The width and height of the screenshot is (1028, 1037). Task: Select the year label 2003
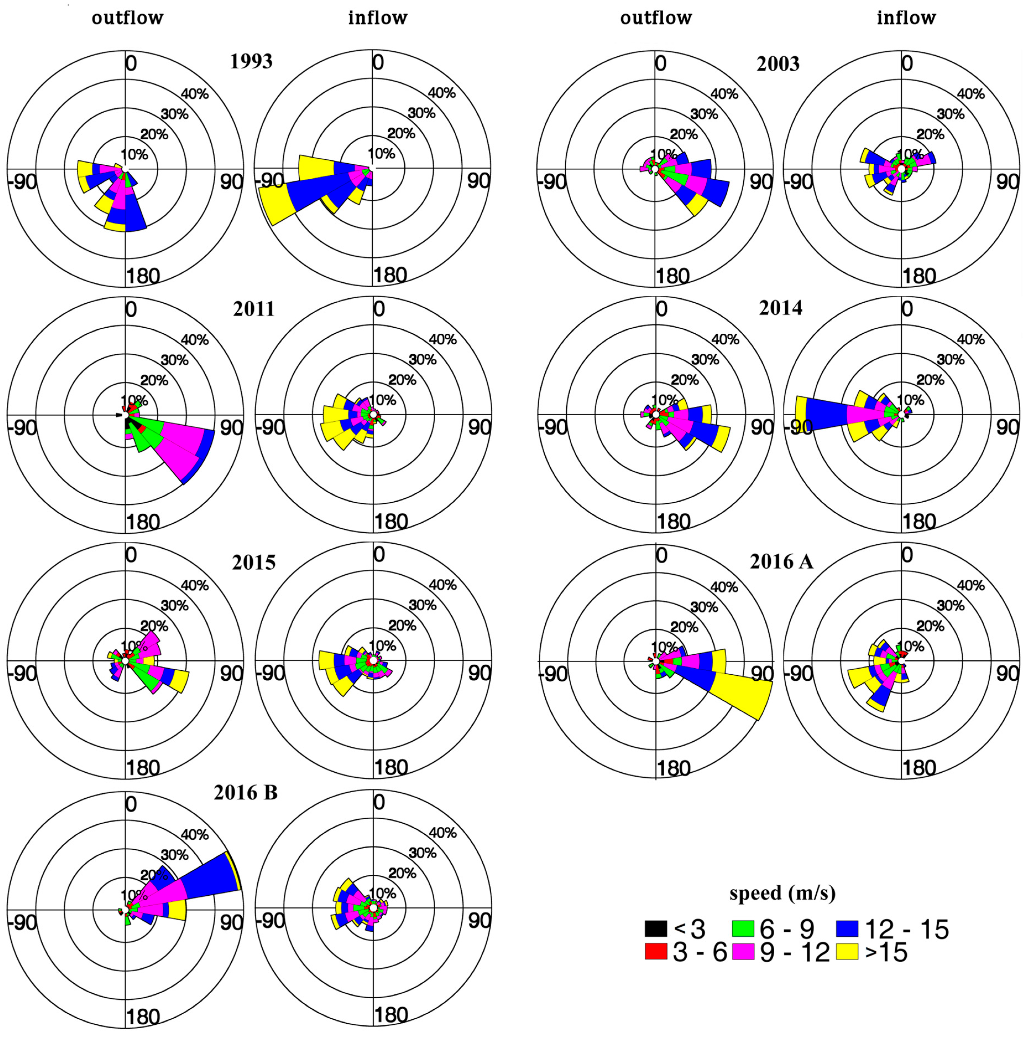778,64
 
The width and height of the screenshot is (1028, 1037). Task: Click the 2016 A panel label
781,561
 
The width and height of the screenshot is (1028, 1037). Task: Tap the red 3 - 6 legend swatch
656,951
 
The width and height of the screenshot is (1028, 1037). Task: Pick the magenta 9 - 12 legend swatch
743,951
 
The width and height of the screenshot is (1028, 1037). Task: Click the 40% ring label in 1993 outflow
194,94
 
